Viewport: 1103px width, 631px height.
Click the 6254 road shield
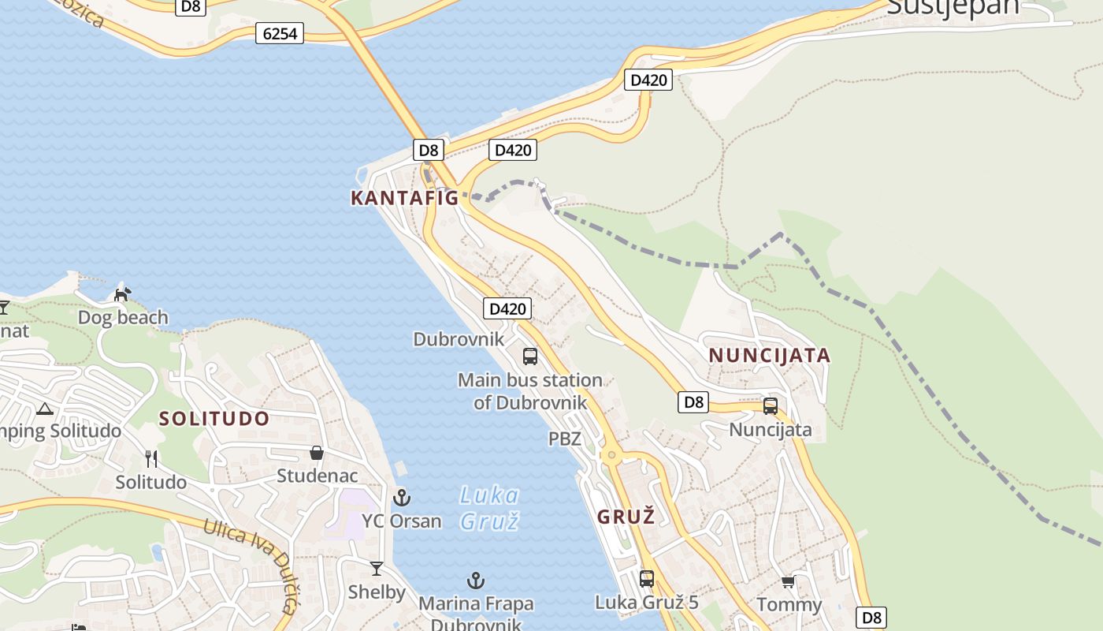pos(279,33)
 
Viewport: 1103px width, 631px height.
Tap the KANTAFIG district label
pos(404,198)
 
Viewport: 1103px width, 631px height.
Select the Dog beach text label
pos(123,317)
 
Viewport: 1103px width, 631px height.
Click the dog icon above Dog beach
pos(122,294)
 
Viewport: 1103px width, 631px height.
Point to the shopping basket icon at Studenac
pos(316,453)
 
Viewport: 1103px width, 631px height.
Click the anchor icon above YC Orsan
pos(402,498)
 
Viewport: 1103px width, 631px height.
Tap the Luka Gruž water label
pos(489,507)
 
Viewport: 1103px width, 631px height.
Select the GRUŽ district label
pos(626,517)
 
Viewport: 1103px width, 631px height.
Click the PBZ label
pos(565,439)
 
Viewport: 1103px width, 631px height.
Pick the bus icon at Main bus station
pos(530,357)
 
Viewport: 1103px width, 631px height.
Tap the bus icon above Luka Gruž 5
pos(647,579)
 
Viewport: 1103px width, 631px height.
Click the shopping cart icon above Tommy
pos(788,582)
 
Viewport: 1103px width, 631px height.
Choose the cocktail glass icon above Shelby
pos(377,568)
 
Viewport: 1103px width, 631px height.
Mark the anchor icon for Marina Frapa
pos(475,581)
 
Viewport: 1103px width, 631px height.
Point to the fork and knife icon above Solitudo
pos(151,458)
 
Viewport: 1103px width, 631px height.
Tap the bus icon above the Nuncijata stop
pos(771,406)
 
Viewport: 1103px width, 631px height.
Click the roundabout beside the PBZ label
pos(611,455)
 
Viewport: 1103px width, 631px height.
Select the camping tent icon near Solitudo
pos(44,409)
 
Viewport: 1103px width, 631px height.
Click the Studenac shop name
pos(317,476)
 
